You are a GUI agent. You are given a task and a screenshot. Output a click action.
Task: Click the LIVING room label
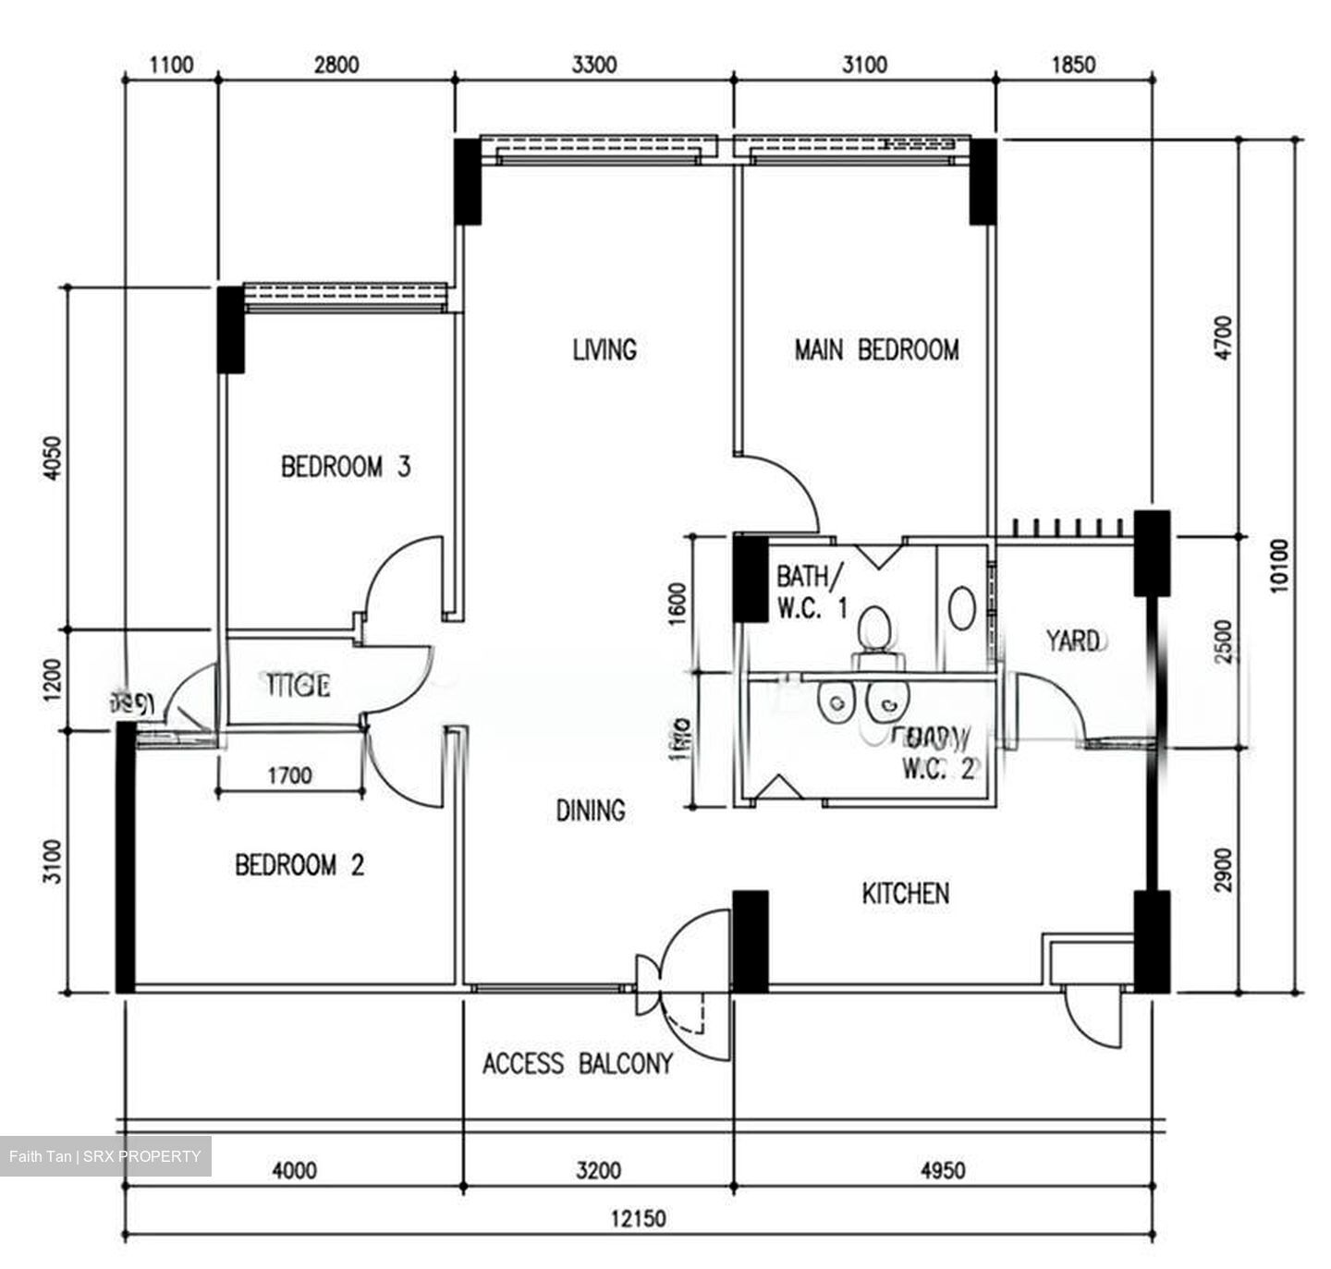pyautogui.click(x=604, y=349)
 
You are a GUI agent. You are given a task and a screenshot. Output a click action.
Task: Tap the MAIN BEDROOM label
pyautogui.click(x=876, y=349)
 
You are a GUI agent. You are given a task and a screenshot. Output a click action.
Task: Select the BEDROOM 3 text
pyautogui.click(x=345, y=466)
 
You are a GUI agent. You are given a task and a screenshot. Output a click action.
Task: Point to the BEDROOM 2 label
pyautogui.click(x=299, y=865)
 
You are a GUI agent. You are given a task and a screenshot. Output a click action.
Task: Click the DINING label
pyautogui.click(x=590, y=811)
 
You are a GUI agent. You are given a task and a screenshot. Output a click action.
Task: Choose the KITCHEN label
pyautogui.click(x=905, y=893)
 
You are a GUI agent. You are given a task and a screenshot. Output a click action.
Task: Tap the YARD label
pyautogui.click(x=1072, y=640)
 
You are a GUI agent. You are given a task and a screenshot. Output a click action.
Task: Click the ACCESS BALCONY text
pyautogui.click(x=577, y=1064)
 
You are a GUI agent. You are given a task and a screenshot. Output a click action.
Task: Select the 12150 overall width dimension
pyautogui.click(x=637, y=1219)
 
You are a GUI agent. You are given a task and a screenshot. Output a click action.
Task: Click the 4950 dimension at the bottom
pyautogui.click(x=943, y=1171)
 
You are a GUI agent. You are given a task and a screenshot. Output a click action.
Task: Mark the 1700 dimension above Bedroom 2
pyautogui.click(x=289, y=775)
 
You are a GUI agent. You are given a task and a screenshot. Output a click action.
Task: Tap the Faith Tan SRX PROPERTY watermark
pyautogui.click(x=105, y=1156)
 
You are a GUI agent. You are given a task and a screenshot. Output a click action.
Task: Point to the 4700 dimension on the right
pyautogui.click(x=1223, y=337)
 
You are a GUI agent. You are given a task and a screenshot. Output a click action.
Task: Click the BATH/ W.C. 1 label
pyautogui.click(x=810, y=592)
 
